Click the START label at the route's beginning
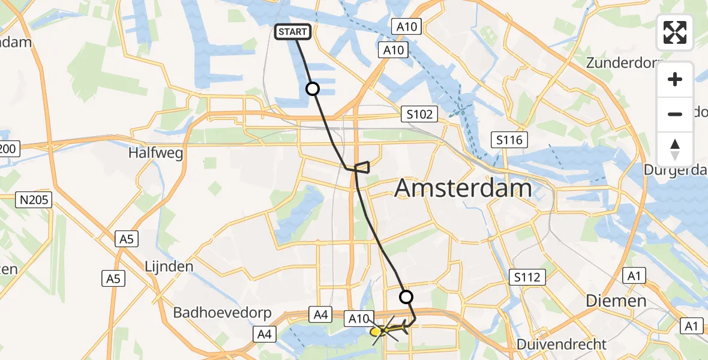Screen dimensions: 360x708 point(293,32)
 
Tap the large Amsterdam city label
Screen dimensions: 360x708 point(463,188)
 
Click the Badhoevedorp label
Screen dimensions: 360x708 point(223,313)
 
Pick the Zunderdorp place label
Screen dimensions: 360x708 point(624,62)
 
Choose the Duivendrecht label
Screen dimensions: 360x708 point(563,344)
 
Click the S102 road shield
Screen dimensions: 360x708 point(419,114)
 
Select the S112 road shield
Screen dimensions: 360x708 point(527,277)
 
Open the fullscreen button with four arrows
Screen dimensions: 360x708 point(675,32)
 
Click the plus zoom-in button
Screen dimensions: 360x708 point(675,79)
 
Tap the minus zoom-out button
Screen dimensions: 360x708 point(675,114)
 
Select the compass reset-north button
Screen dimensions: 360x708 point(675,149)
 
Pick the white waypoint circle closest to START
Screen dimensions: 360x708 point(313,89)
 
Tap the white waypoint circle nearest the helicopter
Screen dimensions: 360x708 point(406,296)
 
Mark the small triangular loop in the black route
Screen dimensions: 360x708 point(362,167)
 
